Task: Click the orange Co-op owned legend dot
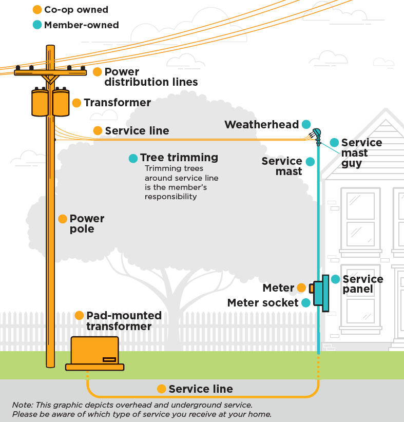click(x=37, y=9)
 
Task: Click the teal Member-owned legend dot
click(x=37, y=25)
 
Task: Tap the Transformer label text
click(x=117, y=103)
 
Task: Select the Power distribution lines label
click(x=151, y=77)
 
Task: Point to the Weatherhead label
click(x=261, y=125)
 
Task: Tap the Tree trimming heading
click(x=179, y=158)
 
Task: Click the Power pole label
click(x=87, y=224)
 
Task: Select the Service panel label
click(x=362, y=284)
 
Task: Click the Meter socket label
click(x=263, y=303)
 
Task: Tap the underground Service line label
click(x=200, y=389)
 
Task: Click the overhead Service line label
click(x=137, y=131)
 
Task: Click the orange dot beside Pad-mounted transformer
click(x=79, y=315)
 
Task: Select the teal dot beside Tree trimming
click(x=133, y=158)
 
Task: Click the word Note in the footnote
click(x=22, y=405)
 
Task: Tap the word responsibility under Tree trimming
click(x=170, y=197)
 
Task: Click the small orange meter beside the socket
click(x=312, y=289)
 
